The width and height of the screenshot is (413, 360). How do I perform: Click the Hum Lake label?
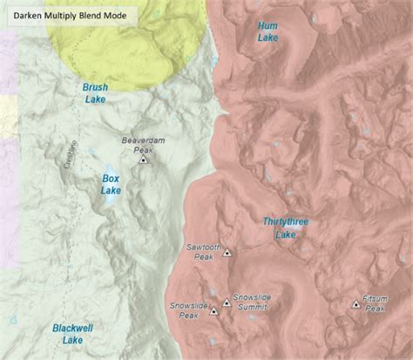tap(268, 31)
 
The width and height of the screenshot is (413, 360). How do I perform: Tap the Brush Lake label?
tap(95, 93)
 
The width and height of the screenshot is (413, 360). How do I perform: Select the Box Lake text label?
tap(112, 184)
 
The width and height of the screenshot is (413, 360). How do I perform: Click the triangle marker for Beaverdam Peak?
tap(144, 160)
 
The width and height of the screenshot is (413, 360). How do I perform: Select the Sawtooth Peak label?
tap(200, 252)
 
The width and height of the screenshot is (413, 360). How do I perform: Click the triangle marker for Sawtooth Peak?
tap(227, 253)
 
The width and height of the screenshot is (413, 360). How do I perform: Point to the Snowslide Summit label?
tap(252, 302)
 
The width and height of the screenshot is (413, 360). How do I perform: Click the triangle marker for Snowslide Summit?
tap(227, 302)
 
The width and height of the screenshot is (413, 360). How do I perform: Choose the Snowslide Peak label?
tap(188, 311)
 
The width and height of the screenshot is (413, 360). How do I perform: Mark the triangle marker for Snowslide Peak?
tap(213, 311)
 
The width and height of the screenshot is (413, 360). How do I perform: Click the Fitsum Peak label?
tap(375, 303)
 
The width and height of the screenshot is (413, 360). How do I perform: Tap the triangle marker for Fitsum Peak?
tap(355, 303)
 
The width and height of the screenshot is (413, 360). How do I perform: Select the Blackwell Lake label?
tap(68, 334)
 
